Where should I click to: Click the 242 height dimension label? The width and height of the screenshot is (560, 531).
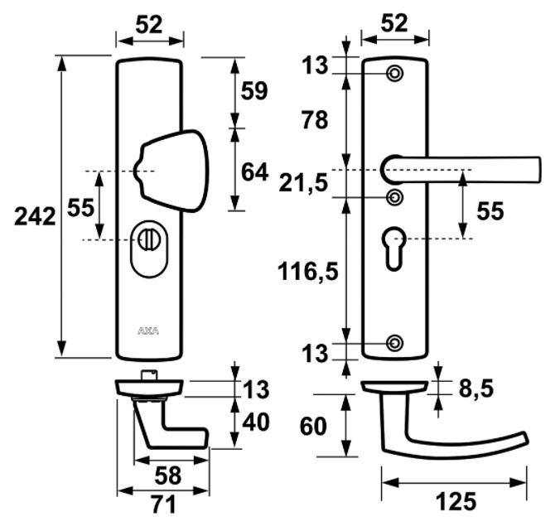pos(35,217)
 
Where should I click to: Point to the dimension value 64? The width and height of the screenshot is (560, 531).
pos(253,172)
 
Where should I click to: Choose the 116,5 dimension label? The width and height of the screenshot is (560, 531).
pos(309,270)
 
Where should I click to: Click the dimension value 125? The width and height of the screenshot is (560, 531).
pos(454,501)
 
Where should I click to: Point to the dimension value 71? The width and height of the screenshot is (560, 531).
pos(150,504)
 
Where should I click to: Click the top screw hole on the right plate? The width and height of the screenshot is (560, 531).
pos(395,75)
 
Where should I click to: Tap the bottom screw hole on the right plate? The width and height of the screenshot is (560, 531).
pos(395,341)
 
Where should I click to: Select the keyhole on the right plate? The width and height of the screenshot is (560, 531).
pos(395,246)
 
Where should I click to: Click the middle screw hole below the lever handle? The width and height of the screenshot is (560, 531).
pos(395,196)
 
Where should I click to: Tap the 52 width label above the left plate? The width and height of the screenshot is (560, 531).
pos(149,25)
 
